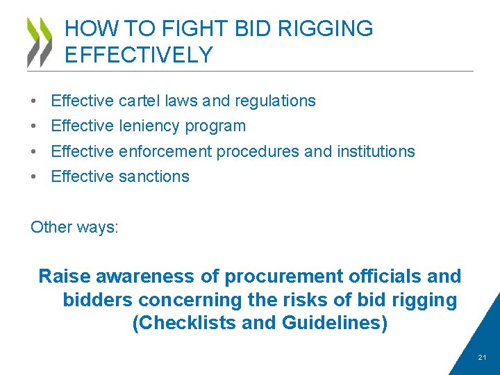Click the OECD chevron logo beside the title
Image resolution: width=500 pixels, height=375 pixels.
click(40, 42)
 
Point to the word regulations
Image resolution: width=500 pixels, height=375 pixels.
click(275, 101)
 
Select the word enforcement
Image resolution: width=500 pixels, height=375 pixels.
click(166, 151)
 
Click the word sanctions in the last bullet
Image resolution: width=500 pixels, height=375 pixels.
click(153, 176)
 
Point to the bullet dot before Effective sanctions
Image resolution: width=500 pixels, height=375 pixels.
click(34, 177)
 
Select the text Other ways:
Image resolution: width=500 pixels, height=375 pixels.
click(74, 228)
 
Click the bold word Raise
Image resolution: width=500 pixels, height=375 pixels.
click(65, 276)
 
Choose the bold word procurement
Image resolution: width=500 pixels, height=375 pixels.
click(282, 276)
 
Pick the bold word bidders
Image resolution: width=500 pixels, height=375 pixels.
click(98, 301)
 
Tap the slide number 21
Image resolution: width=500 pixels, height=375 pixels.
click(483, 358)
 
